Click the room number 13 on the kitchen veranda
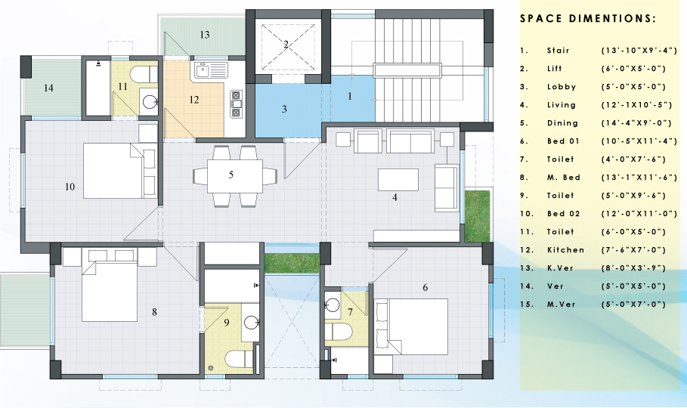point(205,35)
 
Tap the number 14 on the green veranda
point(48,88)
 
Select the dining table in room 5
point(235,176)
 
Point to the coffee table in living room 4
point(398,180)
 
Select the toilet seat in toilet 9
point(239,359)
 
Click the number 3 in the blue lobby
point(284,109)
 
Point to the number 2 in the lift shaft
point(286,45)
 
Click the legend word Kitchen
point(565,250)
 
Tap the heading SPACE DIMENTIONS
point(588,18)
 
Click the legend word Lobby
point(562,87)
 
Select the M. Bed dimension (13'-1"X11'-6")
point(639,178)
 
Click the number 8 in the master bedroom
point(154,312)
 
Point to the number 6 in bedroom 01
point(425,287)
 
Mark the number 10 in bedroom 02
point(70,187)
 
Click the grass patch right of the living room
point(477,215)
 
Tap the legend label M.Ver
point(562,304)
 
